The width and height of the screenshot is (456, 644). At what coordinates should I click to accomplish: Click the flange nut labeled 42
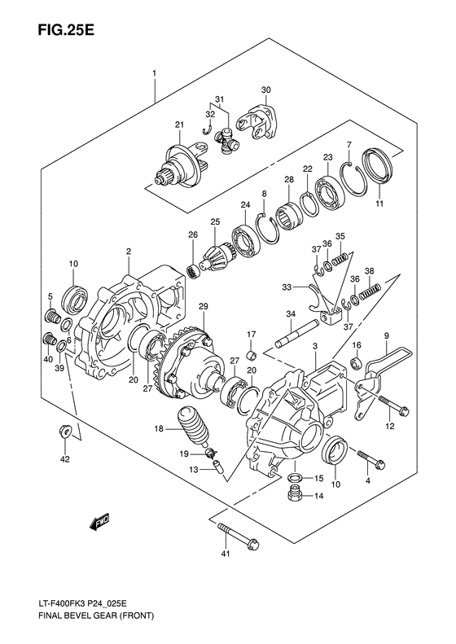pos(65,432)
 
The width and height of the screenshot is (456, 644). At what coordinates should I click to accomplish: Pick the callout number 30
pos(265,89)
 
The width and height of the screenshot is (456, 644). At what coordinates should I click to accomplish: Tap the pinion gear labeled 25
pos(217,255)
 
